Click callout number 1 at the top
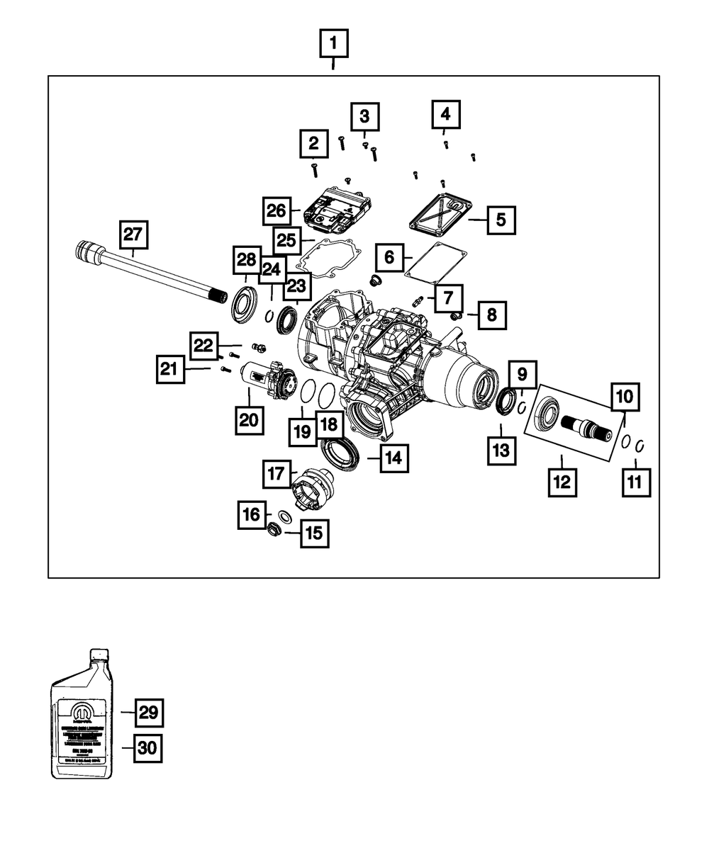click(334, 46)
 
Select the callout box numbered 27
click(134, 234)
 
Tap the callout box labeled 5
click(501, 220)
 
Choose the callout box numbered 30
click(147, 748)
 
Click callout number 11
click(635, 482)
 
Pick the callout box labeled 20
click(249, 419)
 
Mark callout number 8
click(492, 315)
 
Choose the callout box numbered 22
click(203, 345)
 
